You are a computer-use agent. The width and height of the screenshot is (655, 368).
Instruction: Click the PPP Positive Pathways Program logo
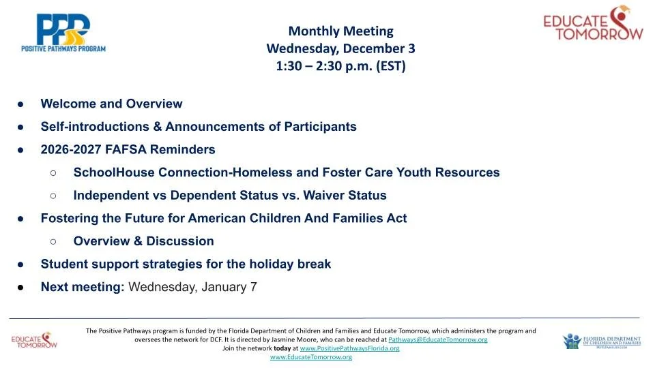pos(63,33)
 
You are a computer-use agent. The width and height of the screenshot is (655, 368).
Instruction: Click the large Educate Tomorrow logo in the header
pos(593,23)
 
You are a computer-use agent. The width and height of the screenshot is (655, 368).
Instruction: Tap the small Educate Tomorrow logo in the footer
pos(34,341)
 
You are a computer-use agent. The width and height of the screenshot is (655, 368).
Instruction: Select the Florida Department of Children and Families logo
pos(602,341)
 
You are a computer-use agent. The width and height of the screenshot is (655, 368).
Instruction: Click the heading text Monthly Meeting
pos(341,31)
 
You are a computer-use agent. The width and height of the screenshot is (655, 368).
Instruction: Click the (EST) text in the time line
pos(390,66)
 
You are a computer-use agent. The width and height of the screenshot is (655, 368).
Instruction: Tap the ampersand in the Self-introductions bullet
pos(158,127)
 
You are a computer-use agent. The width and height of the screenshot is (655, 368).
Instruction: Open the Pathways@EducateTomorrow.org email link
pos(438,339)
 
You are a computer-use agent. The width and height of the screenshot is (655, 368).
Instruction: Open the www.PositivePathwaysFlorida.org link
pos(349,348)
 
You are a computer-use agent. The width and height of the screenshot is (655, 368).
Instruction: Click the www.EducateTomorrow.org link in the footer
pos(311,357)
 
